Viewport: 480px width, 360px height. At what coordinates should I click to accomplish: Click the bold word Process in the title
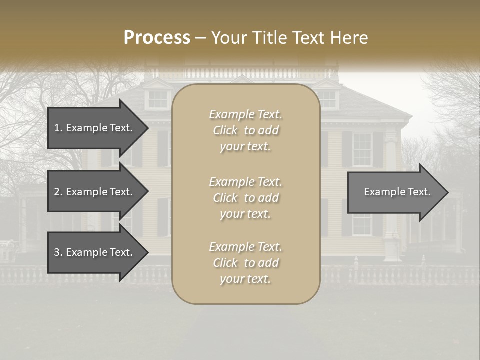pyautogui.click(x=157, y=38)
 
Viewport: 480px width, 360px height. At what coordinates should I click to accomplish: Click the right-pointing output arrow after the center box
pyautogui.click(x=395, y=192)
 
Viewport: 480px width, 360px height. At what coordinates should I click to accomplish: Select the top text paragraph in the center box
pyautogui.click(x=245, y=130)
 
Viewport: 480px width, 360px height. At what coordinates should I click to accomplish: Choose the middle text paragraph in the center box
pyautogui.click(x=245, y=198)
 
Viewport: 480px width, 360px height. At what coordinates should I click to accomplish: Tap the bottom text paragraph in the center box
pyautogui.click(x=245, y=263)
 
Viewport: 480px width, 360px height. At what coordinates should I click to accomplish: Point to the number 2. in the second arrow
pyautogui.click(x=58, y=192)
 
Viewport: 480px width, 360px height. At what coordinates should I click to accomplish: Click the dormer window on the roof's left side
pyautogui.click(x=158, y=99)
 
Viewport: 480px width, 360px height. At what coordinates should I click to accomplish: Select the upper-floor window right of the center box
pyautogui.click(x=362, y=149)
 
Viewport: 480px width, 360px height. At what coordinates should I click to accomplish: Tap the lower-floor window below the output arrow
pyautogui.click(x=361, y=225)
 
